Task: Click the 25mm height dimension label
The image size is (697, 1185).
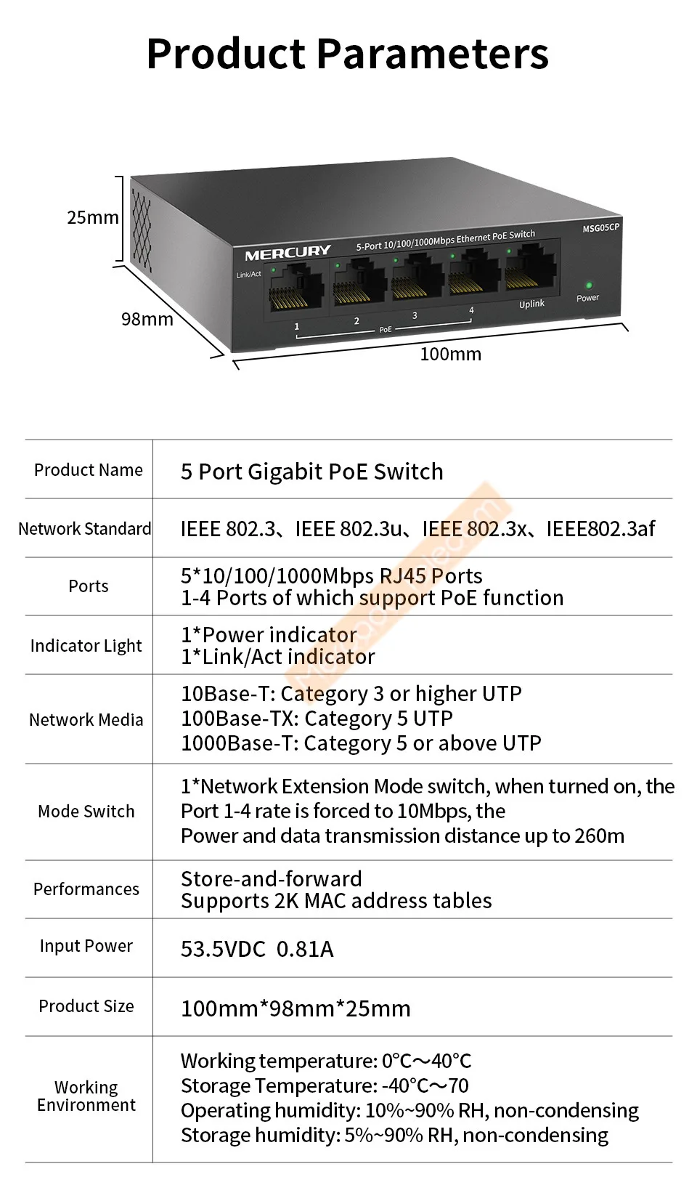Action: pyautogui.click(x=92, y=217)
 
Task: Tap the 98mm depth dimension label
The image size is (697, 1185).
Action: pyautogui.click(x=147, y=319)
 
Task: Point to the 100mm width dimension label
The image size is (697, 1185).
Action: pyautogui.click(x=450, y=354)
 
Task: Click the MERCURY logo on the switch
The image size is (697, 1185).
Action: pyautogui.click(x=288, y=253)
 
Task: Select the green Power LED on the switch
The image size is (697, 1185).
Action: pyautogui.click(x=589, y=286)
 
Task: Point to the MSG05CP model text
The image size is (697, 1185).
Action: pyautogui.click(x=601, y=228)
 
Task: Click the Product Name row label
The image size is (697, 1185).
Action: pyautogui.click(x=89, y=470)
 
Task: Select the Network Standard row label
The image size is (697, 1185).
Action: pyautogui.click(x=85, y=529)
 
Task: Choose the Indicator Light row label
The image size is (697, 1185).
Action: pyautogui.click(x=86, y=646)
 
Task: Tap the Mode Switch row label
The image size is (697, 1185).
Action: pyautogui.click(x=86, y=812)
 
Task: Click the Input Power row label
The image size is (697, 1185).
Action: pyautogui.click(x=86, y=946)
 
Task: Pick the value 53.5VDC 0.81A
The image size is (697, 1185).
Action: pyautogui.click(x=257, y=950)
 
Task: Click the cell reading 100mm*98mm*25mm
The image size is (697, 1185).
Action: pyautogui.click(x=295, y=1008)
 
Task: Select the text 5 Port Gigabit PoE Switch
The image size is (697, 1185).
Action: pyautogui.click(x=311, y=472)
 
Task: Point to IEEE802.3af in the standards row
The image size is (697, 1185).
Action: pyautogui.click(x=600, y=529)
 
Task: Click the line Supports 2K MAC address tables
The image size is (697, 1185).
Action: pyautogui.click(x=336, y=901)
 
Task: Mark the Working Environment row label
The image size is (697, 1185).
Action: pyautogui.click(x=86, y=1096)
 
